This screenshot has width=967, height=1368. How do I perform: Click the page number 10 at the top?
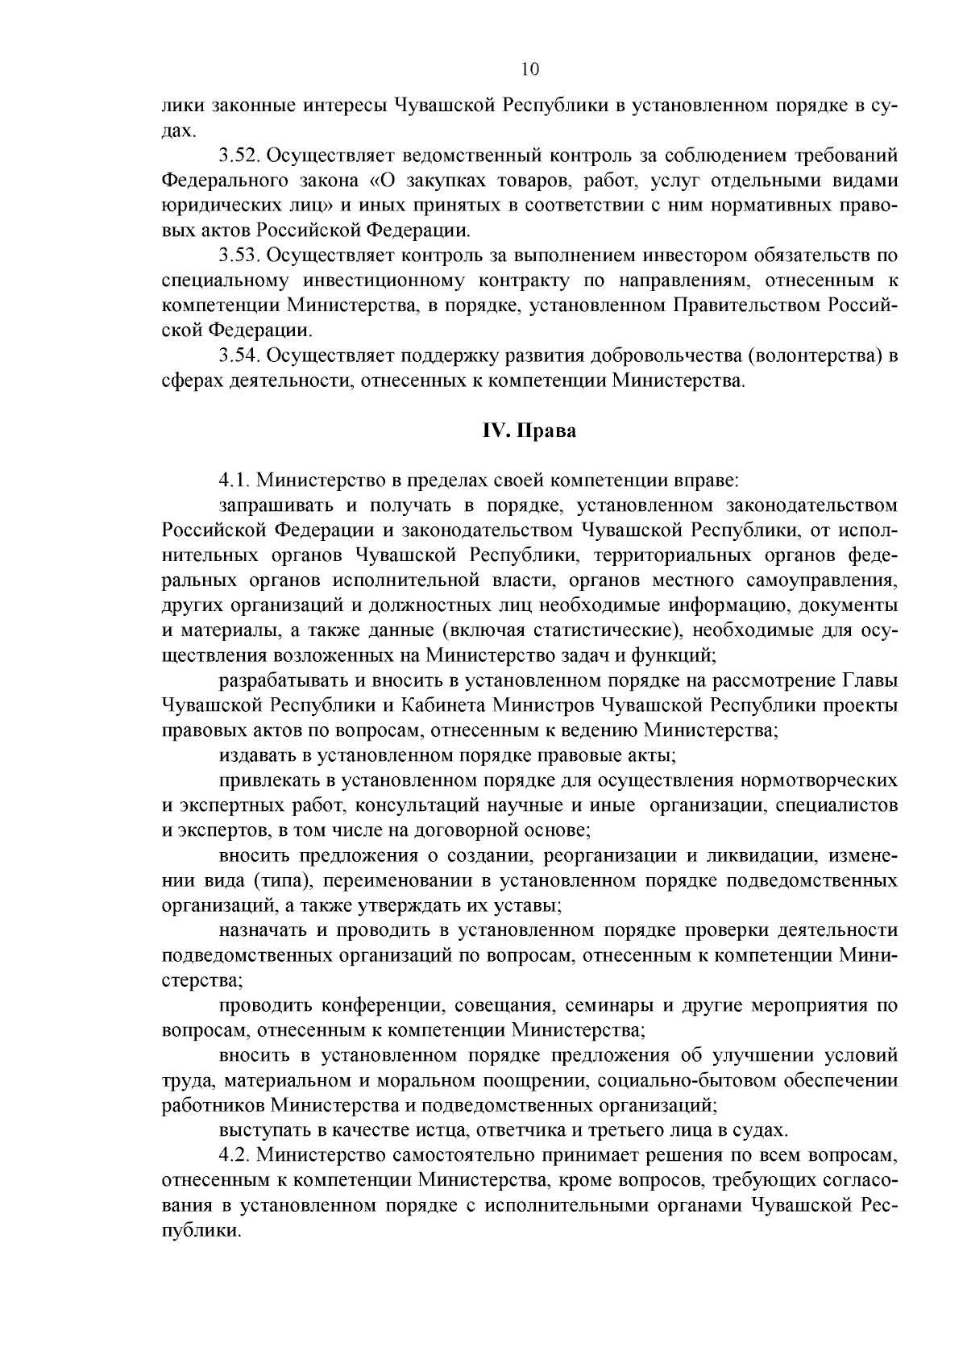tap(529, 69)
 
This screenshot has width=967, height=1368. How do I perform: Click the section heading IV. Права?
tap(529, 431)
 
